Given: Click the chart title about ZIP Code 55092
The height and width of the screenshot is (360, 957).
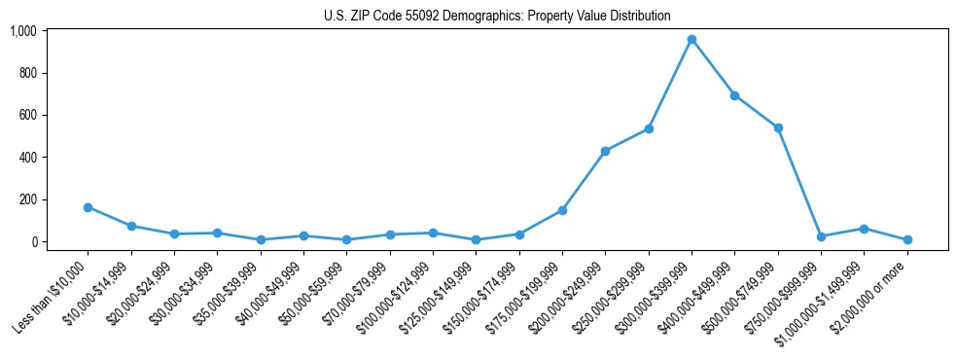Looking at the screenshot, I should (497, 16).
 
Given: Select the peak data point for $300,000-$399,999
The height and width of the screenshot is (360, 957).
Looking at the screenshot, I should (691, 40).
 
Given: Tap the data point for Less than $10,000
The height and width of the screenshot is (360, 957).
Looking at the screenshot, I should (88, 207).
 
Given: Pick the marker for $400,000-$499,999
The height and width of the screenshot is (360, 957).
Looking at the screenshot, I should (734, 95).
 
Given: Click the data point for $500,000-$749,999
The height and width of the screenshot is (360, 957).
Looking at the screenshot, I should (778, 127).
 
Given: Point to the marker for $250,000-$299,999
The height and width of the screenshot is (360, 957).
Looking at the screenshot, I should (649, 128).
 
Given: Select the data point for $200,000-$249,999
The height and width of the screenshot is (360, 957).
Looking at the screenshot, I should (605, 151).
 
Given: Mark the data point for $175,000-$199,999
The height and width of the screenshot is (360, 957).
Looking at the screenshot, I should (562, 210).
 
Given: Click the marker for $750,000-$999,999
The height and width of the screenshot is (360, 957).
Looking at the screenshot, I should (821, 236).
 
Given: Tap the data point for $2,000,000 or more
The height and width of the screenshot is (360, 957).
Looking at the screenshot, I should (907, 239).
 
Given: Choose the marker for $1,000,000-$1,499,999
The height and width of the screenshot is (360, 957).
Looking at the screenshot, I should (864, 229).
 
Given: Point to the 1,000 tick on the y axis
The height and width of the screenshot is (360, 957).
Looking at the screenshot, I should (23, 31).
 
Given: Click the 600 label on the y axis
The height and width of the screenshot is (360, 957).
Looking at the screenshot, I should (27, 115).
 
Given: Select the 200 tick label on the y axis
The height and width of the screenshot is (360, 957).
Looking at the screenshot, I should (27, 199).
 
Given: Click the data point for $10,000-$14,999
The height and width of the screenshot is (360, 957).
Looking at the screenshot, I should (131, 226).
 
